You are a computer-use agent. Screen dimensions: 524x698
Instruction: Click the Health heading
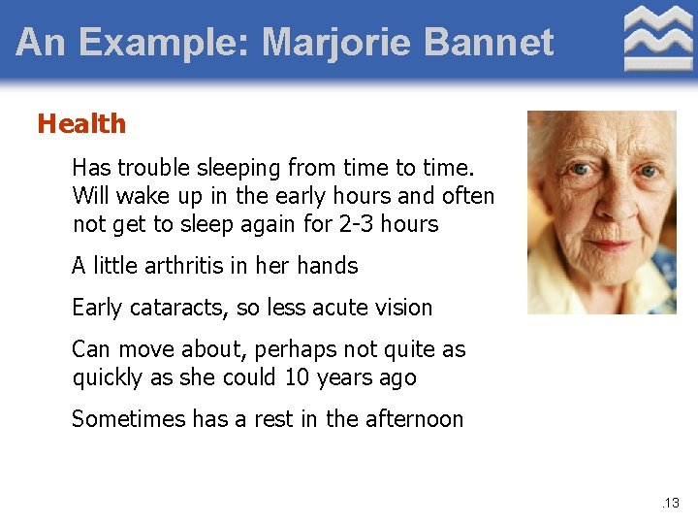pyautogui.click(x=81, y=124)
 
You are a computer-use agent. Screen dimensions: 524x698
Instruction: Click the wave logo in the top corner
pyautogui.click(x=657, y=38)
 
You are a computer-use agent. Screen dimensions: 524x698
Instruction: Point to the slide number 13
pyautogui.click(x=671, y=503)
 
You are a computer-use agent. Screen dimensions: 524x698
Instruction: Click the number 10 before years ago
pyautogui.click(x=296, y=377)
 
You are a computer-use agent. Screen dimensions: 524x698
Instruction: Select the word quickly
pyautogui.click(x=108, y=377)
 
